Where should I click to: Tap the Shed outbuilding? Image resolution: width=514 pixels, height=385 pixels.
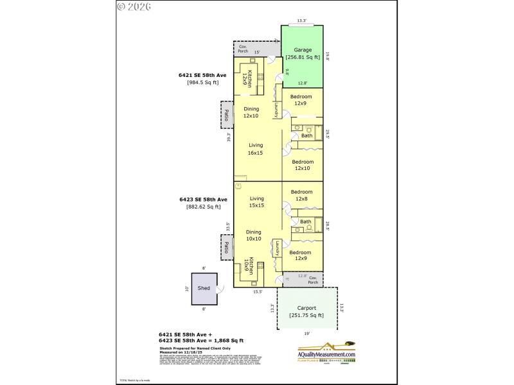[204, 289]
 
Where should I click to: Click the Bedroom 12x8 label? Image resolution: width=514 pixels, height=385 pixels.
[301, 195]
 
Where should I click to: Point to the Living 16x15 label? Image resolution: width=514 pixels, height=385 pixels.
[256, 149]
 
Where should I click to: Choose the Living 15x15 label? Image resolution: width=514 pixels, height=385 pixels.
[256, 202]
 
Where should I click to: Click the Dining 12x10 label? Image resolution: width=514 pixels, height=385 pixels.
[251, 112]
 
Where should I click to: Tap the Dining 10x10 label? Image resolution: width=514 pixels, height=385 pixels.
[254, 235]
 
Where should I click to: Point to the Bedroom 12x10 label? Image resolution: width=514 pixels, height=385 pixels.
[303, 165]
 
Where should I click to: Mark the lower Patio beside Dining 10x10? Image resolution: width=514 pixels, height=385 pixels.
[227, 247]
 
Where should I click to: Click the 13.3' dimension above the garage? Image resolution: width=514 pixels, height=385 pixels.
[302, 21]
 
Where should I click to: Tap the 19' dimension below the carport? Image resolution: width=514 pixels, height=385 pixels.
[307, 334]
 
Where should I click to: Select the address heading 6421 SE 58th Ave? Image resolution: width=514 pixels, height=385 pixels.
[202, 75]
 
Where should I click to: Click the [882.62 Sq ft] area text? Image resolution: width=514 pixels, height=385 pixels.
[203, 207]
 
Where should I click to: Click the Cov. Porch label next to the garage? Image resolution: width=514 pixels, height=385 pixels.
[244, 49]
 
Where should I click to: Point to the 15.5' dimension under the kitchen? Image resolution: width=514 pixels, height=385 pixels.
[256, 291]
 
